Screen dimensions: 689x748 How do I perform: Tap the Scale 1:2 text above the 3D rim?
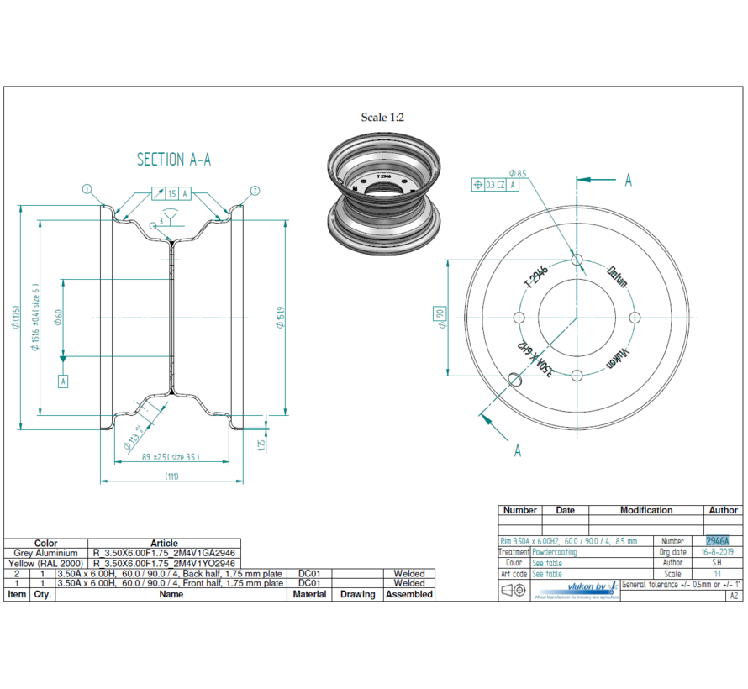[x=382, y=118]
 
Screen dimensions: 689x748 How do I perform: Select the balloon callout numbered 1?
[x=86, y=190]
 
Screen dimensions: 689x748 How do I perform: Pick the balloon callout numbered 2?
[x=255, y=190]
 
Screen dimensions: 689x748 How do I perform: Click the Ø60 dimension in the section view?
[x=59, y=317]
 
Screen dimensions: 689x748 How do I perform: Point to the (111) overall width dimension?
[x=171, y=476]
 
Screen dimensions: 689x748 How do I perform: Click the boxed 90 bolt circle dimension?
[x=439, y=316]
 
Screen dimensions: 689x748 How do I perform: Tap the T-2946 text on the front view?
[x=535, y=276]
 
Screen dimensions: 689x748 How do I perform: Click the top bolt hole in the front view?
[x=576, y=260]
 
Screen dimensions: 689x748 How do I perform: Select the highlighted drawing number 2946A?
[x=717, y=541]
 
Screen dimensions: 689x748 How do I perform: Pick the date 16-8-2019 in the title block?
[x=717, y=552]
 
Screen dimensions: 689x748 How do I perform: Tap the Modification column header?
[x=645, y=510]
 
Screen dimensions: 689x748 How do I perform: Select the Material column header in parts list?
[x=309, y=594]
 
